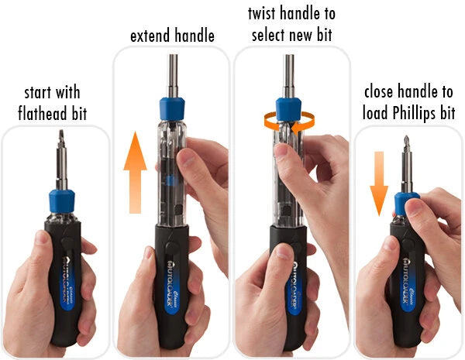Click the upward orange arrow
[x=135, y=173]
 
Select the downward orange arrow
[x=379, y=183]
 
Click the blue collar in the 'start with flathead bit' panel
[x=62, y=201]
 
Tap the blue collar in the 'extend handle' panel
[x=172, y=109]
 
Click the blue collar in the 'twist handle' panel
[x=288, y=110]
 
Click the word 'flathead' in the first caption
[x=43, y=114]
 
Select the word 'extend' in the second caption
[x=150, y=36]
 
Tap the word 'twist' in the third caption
[x=262, y=14]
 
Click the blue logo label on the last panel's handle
[x=408, y=284]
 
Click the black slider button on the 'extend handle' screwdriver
[x=171, y=248]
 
